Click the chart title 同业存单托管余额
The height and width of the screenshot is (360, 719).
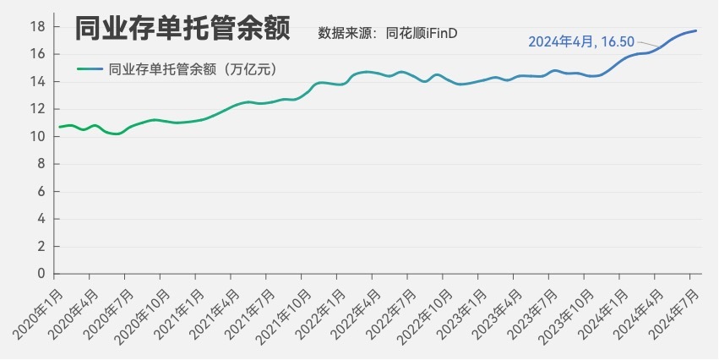pyautogui.click(x=182, y=30)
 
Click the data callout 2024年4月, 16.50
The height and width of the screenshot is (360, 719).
pyautogui.click(x=580, y=41)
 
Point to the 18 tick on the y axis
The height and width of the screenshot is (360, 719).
pyautogui.click(x=38, y=26)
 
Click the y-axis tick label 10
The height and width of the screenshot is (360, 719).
pyautogui.click(x=38, y=136)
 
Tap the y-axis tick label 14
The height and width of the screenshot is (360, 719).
pyautogui.click(x=38, y=81)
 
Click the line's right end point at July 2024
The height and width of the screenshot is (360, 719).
pyautogui.click(x=695, y=31)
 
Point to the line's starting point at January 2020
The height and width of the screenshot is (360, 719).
pyautogui.click(x=59, y=127)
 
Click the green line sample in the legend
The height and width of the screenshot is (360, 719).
pyautogui.click(x=89, y=70)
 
